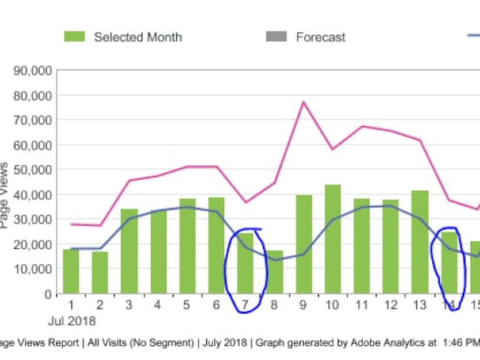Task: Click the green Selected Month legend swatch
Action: pyautogui.click(x=74, y=37)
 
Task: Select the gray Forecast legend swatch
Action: pyautogui.click(x=276, y=37)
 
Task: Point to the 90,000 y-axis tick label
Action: pyautogui.click(x=32, y=71)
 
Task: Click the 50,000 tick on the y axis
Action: pyautogui.click(x=32, y=169)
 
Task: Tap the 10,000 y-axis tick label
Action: pyautogui.click(x=32, y=269)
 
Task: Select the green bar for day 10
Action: pyautogui.click(x=332, y=239)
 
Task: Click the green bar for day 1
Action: pyautogui.click(x=71, y=271)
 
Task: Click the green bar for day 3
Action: pyautogui.click(x=129, y=251)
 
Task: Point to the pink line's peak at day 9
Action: pyautogui.click(x=304, y=102)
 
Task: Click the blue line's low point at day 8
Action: pyautogui.click(x=276, y=260)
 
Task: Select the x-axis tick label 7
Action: pyautogui.click(x=246, y=306)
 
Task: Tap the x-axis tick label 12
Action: pyautogui.click(x=391, y=306)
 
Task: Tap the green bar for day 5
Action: pyautogui.click(x=187, y=246)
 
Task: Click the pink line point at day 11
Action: pyautogui.click(x=362, y=126)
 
